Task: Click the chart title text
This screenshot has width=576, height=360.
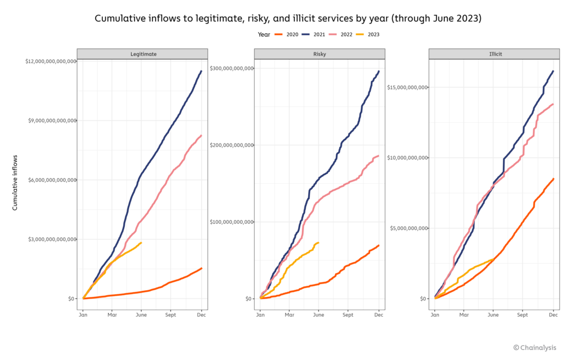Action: tap(287, 19)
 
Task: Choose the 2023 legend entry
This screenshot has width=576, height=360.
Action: tap(373, 34)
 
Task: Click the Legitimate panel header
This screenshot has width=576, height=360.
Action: tap(142, 54)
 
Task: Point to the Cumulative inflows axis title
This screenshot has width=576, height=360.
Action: tap(15, 182)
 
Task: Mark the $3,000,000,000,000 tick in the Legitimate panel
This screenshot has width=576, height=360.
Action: tap(51, 239)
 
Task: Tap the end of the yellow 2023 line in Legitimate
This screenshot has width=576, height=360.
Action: tap(141, 243)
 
